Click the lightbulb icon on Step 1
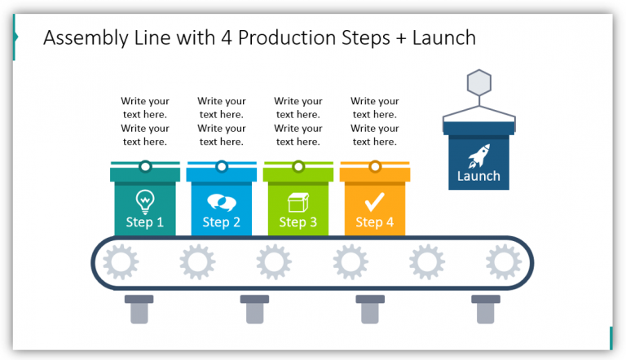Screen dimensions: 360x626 (144, 200)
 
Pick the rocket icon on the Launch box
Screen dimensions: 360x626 (478, 156)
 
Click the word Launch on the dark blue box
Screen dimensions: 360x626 (478, 176)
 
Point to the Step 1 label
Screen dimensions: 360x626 (144, 222)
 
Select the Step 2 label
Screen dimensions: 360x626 (221, 222)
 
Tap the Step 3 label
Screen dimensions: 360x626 (298, 222)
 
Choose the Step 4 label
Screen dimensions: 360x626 (374, 222)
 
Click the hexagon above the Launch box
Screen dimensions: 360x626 (478, 84)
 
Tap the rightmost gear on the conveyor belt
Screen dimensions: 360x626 (503, 262)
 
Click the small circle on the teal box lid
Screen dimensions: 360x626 (144, 167)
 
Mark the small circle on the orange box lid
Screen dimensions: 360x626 (374, 167)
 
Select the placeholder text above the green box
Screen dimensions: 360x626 (298, 121)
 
